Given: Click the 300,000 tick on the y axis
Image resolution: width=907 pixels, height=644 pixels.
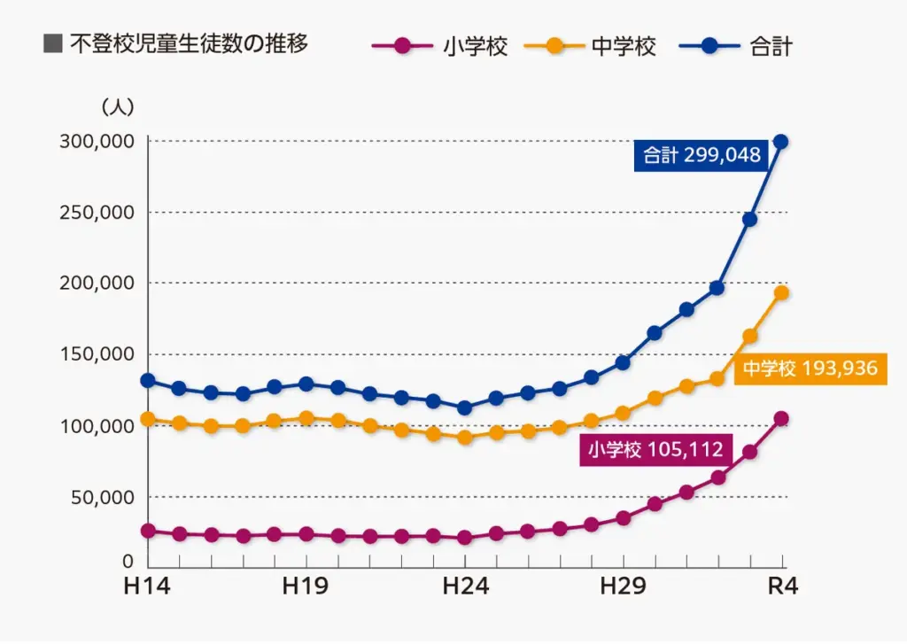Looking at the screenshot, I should (97, 142).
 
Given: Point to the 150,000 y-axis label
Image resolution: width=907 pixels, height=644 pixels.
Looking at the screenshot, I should (97, 354).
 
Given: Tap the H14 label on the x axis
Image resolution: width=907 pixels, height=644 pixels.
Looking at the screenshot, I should (148, 586).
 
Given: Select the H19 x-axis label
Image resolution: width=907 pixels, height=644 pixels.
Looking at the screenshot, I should (306, 586).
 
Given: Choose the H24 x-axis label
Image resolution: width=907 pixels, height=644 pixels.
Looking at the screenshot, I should (464, 586).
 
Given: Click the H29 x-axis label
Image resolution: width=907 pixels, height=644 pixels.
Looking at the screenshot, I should (623, 586).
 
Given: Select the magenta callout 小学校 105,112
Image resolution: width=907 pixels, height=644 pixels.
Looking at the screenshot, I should (655, 450).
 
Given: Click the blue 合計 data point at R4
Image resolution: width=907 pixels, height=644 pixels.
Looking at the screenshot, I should (780, 142).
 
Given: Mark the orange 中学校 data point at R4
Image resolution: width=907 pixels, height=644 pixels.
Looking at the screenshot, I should (781, 293).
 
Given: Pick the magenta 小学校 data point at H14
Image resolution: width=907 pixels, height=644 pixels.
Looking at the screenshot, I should (148, 531).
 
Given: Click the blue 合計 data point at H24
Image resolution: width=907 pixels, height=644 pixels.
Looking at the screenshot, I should (464, 407).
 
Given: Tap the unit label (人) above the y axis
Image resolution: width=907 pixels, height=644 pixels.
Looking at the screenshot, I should (118, 107).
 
